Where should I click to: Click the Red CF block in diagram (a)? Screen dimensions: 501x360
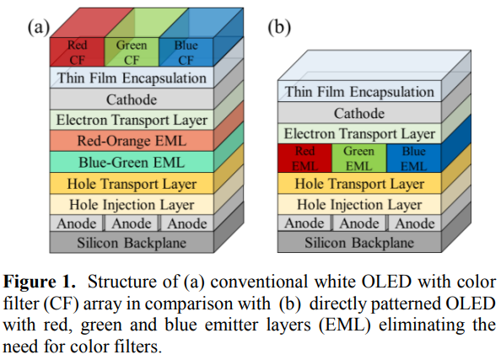click(x=78, y=52)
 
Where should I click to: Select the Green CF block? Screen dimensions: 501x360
click(x=132, y=52)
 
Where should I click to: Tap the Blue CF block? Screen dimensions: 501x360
click(x=186, y=52)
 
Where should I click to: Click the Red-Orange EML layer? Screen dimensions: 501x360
click(x=132, y=141)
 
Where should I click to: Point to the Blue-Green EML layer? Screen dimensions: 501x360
click(x=132, y=162)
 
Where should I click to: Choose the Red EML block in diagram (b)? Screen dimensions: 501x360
click(x=304, y=159)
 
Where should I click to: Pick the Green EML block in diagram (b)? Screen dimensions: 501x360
click(x=359, y=159)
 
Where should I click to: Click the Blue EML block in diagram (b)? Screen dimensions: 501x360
click(x=414, y=159)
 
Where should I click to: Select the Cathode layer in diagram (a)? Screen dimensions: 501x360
click(x=132, y=99)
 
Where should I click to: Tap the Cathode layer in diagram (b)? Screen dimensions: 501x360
click(x=359, y=113)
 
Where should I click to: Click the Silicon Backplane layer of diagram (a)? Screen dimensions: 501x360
click(x=132, y=243)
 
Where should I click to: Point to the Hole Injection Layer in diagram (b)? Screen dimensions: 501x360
click(x=359, y=204)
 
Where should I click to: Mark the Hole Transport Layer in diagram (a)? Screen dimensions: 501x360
click(x=132, y=183)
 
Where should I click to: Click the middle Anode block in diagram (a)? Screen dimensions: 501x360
click(x=132, y=223)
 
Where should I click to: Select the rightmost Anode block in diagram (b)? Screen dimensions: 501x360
click(x=414, y=223)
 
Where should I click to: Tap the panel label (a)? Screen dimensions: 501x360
click(x=38, y=27)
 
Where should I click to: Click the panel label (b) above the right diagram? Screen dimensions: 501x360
click(x=279, y=27)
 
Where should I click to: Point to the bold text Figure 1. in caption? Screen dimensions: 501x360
click(x=40, y=282)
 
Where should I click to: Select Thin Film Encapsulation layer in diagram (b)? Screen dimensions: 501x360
click(x=359, y=92)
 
